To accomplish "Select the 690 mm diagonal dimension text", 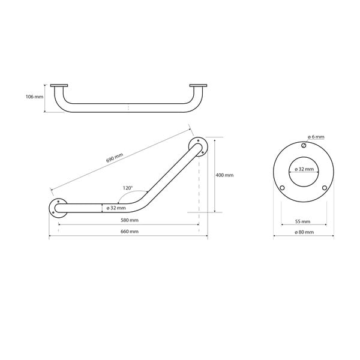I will click(x=115, y=158).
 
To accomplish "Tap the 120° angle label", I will click(x=127, y=187).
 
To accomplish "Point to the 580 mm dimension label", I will click(x=128, y=220).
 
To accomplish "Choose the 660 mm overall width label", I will click(x=128, y=232).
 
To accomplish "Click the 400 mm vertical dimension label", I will click(x=224, y=175).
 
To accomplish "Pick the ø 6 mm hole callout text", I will click(x=314, y=137).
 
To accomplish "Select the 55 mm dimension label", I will click(x=302, y=220).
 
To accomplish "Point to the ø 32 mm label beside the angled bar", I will click(x=115, y=208).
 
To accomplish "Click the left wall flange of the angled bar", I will click(x=58, y=208).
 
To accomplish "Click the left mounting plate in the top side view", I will click(x=59, y=85).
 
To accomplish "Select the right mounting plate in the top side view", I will click(x=197, y=85).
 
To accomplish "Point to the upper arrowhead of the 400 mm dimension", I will click(x=215, y=138).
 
